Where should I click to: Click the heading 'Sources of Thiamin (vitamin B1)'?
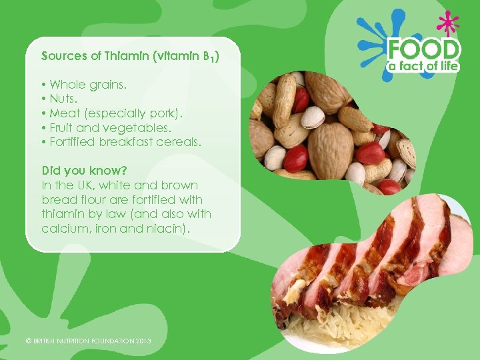(x=130, y=56)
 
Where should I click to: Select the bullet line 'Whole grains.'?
(x=87, y=85)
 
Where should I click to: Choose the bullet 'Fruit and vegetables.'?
(x=110, y=127)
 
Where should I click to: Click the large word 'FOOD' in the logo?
(x=425, y=50)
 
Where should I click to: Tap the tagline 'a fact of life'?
(x=425, y=67)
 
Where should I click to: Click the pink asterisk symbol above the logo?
(x=447, y=23)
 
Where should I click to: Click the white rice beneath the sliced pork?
(x=333, y=327)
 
